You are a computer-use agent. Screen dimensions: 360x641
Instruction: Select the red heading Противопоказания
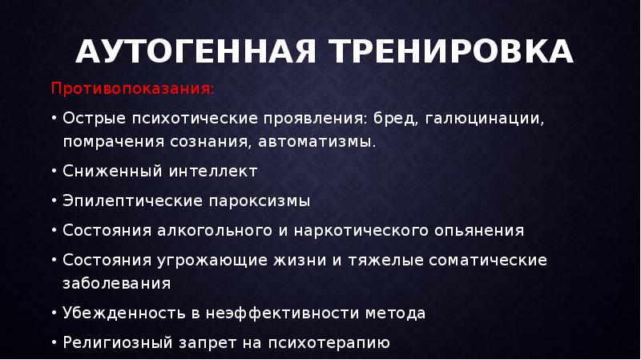click(x=133, y=87)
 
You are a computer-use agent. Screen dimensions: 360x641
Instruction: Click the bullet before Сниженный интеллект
click(x=53, y=171)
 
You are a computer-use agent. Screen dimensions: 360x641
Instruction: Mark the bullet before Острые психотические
click(x=53, y=119)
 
